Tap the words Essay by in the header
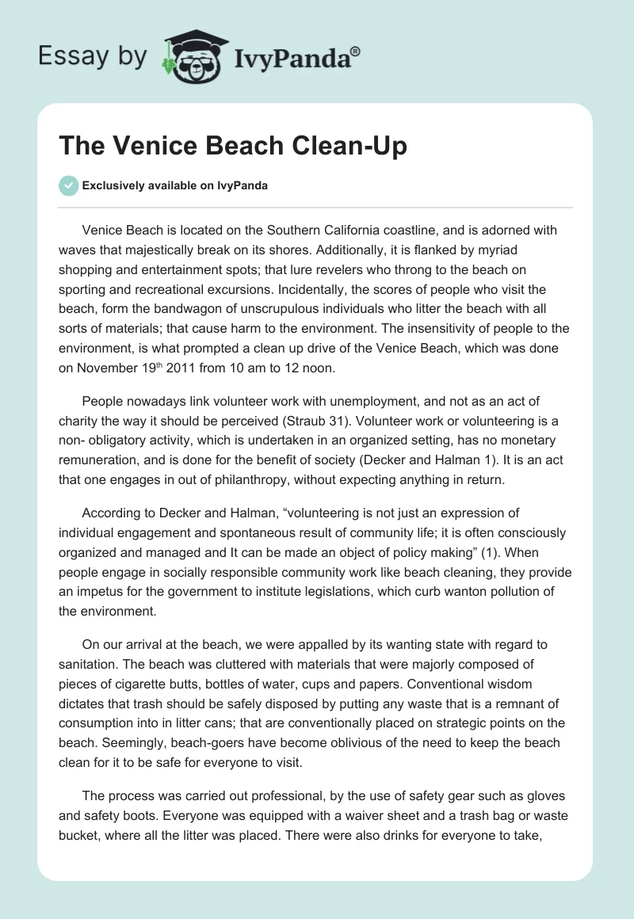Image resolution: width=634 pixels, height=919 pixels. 93,56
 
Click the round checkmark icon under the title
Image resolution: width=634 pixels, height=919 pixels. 68,185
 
